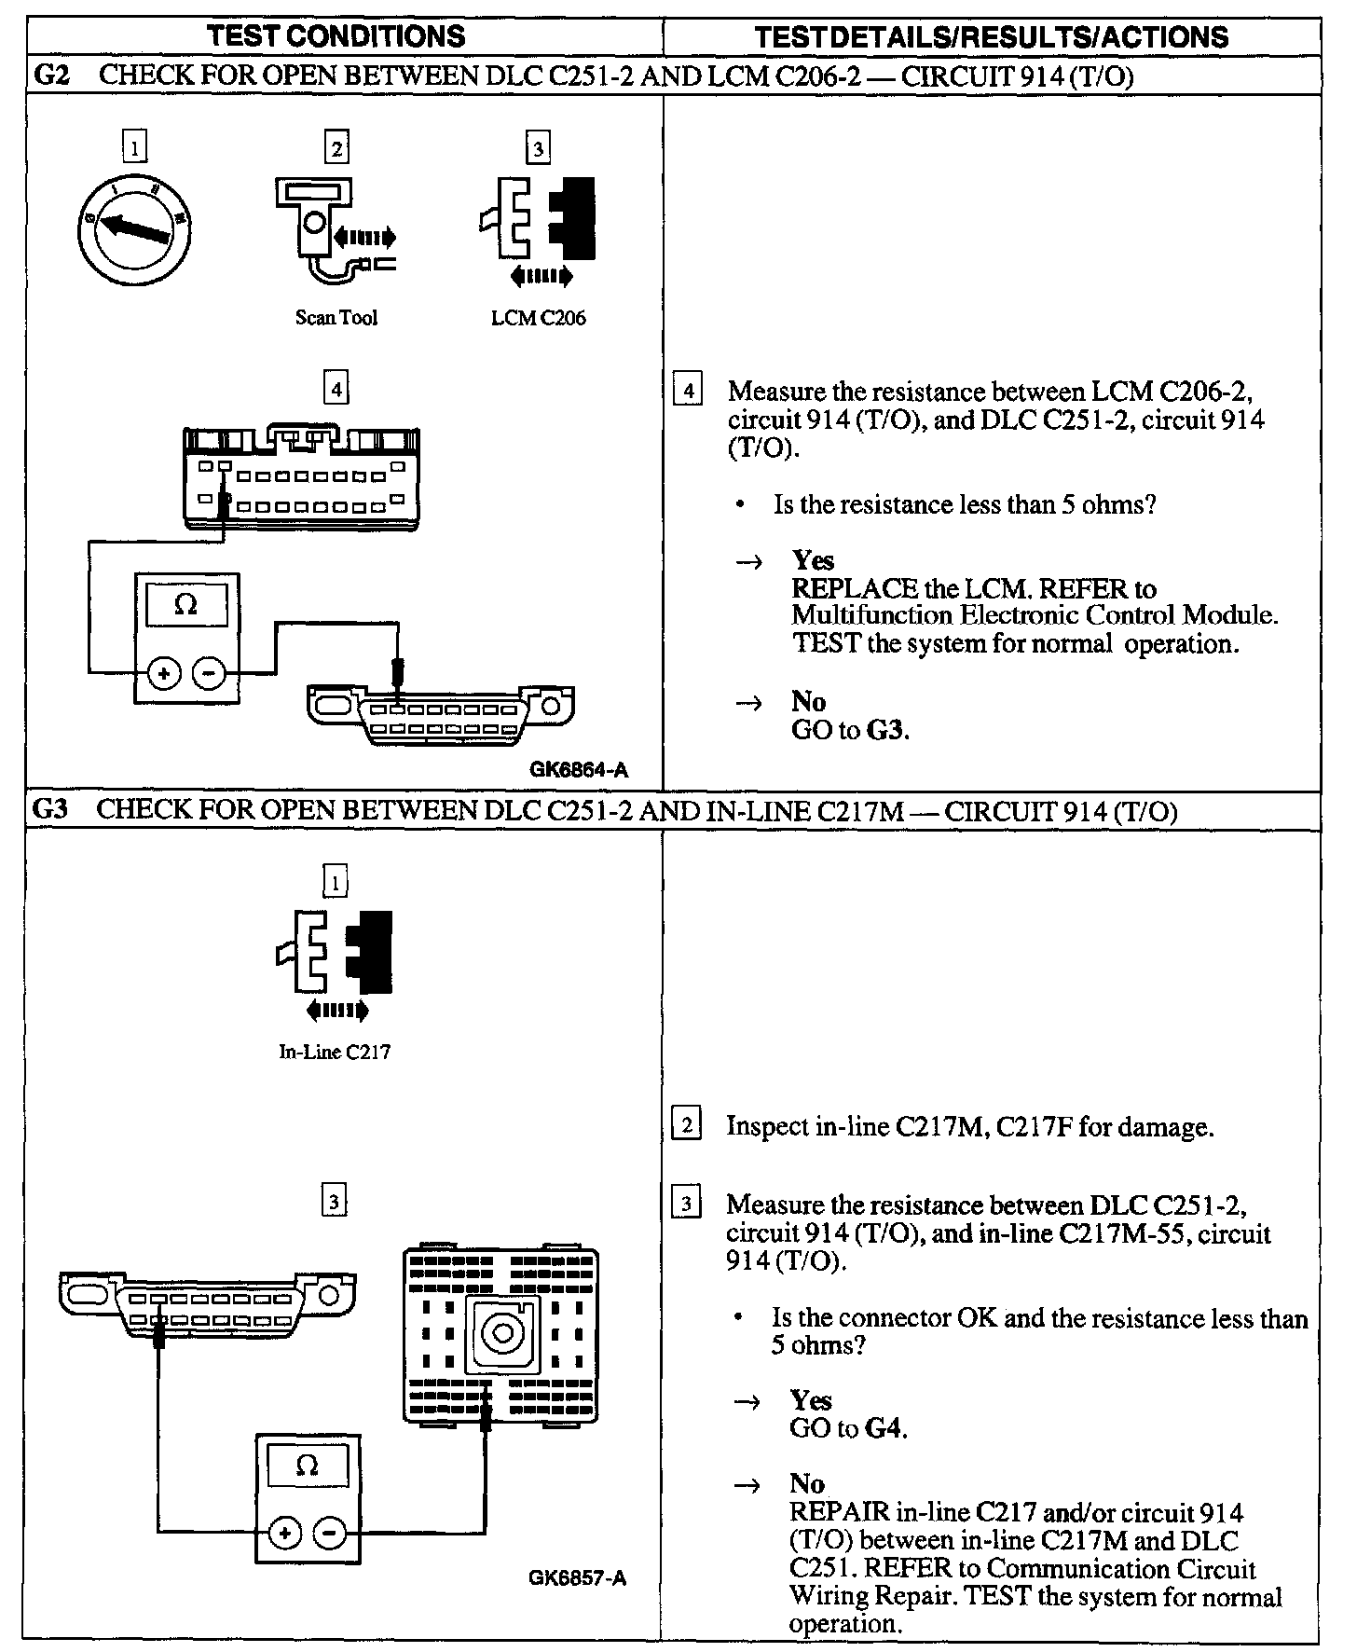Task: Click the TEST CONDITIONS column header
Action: point(336,36)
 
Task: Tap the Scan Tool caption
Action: point(336,318)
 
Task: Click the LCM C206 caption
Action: point(539,318)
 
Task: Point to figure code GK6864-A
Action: point(579,770)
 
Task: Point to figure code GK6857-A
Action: point(577,1578)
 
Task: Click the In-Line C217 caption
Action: point(335,1053)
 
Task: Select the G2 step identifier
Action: point(51,76)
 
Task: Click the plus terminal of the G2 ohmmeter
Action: point(164,673)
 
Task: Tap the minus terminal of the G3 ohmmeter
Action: point(329,1533)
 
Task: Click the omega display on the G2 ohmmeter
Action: point(186,606)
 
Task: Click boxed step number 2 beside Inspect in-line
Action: point(686,1126)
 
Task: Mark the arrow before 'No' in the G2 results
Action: point(748,702)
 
